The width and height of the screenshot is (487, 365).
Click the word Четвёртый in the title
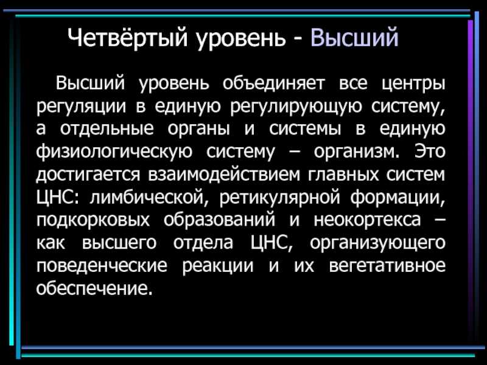[128, 38]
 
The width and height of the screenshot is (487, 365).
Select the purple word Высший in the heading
[354, 37]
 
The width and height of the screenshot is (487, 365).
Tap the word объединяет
[273, 83]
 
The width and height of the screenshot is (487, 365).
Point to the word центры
[413, 85]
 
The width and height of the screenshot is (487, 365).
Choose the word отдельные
[107, 129]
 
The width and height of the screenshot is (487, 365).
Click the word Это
[430, 151]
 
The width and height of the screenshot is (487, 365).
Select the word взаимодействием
[224, 175]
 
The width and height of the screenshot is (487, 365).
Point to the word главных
[343, 175]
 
